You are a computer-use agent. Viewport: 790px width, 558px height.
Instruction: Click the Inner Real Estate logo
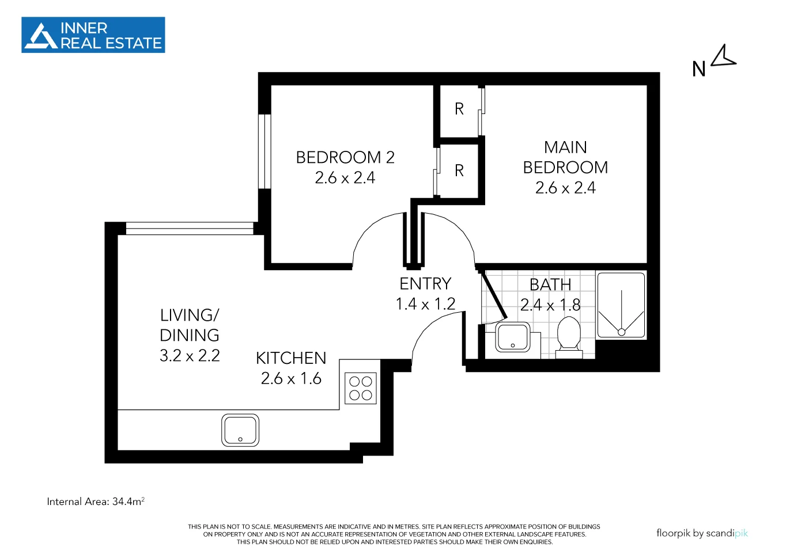tap(93, 35)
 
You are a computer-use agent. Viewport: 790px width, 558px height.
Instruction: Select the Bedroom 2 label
tap(345, 157)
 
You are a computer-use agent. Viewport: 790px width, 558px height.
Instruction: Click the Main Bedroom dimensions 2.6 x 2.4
tap(565, 188)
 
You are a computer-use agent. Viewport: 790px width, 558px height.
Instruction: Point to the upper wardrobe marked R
tap(459, 109)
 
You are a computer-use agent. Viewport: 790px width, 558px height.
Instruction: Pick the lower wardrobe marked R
tap(459, 170)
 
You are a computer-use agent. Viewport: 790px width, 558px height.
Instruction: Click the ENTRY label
tap(425, 283)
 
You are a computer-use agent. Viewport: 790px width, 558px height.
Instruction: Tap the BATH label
tap(550, 284)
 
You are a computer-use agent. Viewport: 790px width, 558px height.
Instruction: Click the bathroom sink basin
tap(512, 337)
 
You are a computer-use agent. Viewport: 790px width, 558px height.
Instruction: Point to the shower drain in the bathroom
tap(621, 332)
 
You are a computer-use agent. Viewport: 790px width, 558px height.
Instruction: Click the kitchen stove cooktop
tap(361, 388)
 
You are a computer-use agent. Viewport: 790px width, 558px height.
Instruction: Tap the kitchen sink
tap(240, 430)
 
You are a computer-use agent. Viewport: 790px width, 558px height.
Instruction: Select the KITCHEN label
tap(291, 358)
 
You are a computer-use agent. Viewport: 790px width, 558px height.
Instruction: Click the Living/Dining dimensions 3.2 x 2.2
tap(190, 356)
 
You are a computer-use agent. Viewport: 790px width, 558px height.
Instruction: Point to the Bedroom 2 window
tap(264, 151)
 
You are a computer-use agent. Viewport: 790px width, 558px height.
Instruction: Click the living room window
tap(189, 228)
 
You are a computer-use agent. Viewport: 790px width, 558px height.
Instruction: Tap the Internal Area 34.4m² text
tap(96, 502)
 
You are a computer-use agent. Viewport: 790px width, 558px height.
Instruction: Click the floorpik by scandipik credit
tap(701, 533)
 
